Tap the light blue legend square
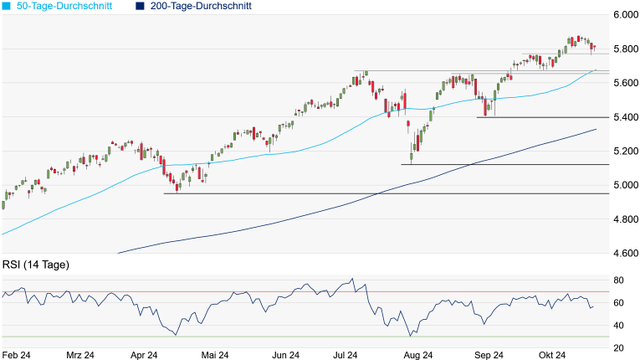[5, 6]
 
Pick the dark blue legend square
[138, 6]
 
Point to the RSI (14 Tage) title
[35, 265]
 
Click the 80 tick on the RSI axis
[618, 280]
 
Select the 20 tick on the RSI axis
[618, 348]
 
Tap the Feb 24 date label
[16, 355]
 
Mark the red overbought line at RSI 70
[251, 291]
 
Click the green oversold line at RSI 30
[251, 337]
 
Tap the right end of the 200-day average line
[596, 130]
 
